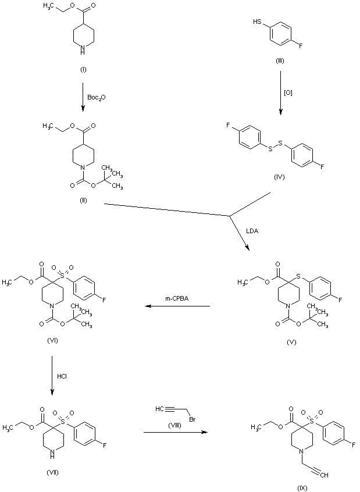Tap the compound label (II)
[83, 199]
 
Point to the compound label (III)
[280, 60]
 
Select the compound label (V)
[293, 343]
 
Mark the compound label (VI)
[52, 340]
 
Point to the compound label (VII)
[52, 471]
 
